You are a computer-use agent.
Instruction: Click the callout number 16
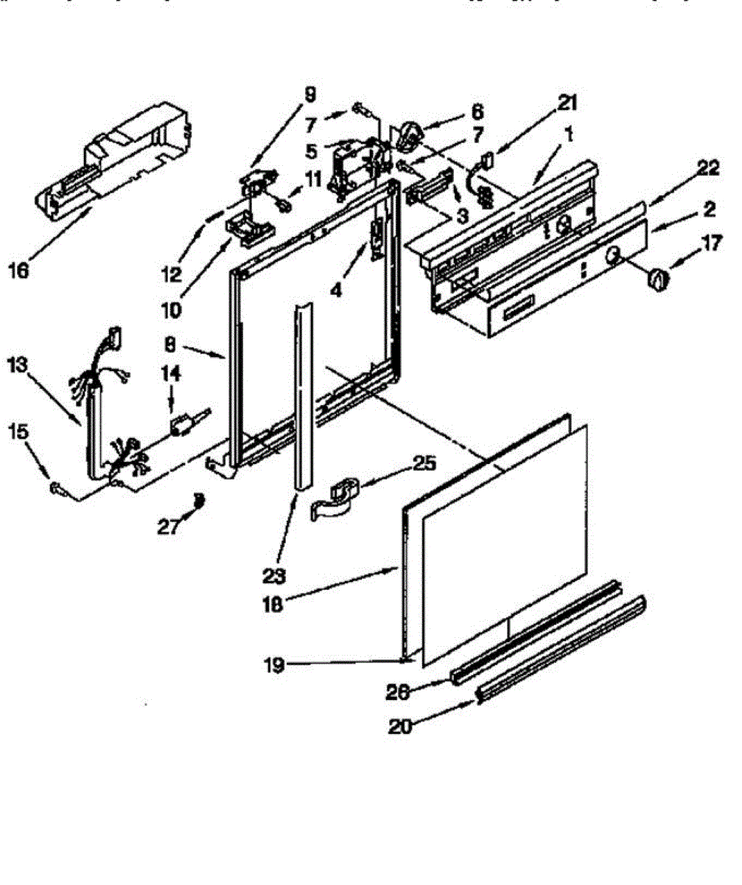[18, 271]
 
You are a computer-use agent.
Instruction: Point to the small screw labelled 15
[57, 487]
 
